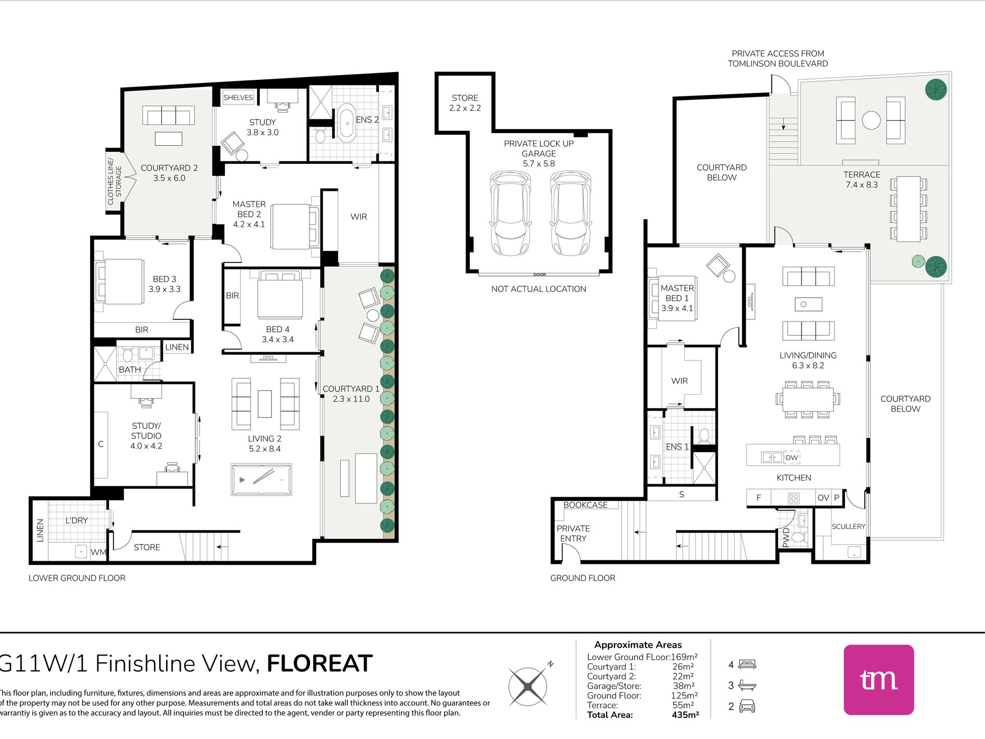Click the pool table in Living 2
click(261, 480)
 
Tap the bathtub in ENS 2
click(346, 123)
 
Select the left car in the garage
click(510, 214)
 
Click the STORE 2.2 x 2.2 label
click(465, 103)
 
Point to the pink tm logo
click(879, 679)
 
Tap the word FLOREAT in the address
click(320, 663)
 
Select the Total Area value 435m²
click(685, 715)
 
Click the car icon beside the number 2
click(747, 706)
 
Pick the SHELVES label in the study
click(238, 97)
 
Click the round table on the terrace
click(871, 120)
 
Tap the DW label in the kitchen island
click(792, 457)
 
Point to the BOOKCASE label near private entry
click(585, 505)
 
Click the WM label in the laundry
click(97, 552)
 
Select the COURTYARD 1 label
click(351, 394)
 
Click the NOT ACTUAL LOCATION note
click(539, 289)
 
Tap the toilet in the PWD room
click(799, 536)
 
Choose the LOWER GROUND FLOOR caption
click(77, 578)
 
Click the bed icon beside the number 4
click(747, 664)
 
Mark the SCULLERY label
click(849, 526)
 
